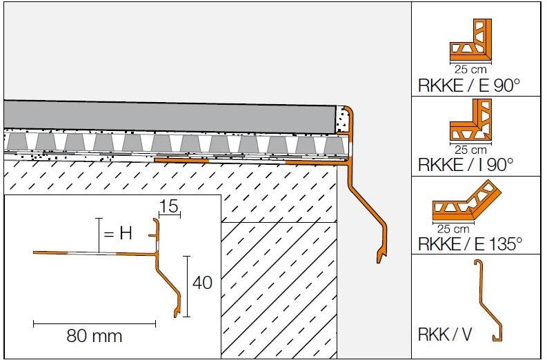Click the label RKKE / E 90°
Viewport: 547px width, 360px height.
click(468, 86)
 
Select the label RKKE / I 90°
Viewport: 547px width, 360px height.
click(466, 165)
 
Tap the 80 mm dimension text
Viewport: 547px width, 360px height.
click(94, 336)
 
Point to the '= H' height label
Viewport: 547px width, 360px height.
click(117, 233)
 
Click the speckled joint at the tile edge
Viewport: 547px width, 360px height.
click(341, 120)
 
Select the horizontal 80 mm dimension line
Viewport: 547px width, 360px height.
click(94, 322)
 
